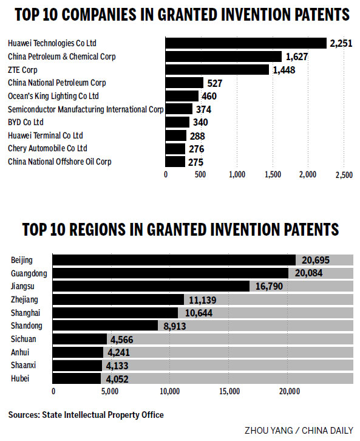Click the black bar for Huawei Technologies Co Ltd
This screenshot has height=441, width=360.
(x=246, y=43)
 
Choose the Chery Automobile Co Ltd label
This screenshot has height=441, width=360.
(x=47, y=148)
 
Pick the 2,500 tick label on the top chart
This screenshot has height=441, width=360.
(x=344, y=175)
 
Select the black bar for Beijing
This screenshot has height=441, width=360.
(x=174, y=260)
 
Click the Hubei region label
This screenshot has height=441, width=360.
(x=20, y=378)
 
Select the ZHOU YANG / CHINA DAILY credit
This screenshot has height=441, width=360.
(x=298, y=431)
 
